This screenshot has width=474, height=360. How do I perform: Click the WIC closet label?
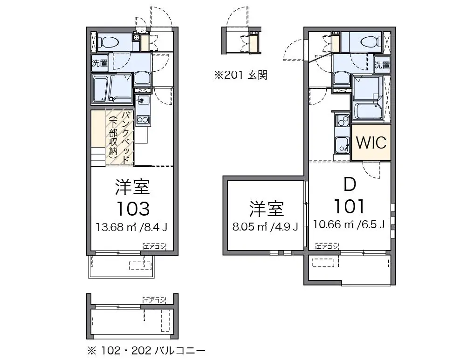point(371,142)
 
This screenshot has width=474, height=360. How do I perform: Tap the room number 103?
point(133,209)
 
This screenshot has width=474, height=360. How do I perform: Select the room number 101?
point(350,206)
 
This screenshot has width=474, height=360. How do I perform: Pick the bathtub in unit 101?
point(368,111)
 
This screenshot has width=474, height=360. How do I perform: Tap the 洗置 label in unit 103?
point(99,63)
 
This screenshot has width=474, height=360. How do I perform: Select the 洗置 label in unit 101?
point(382,65)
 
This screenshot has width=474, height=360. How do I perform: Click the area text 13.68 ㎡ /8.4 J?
point(132,227)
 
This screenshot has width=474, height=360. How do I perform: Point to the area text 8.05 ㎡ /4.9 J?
point(265,226)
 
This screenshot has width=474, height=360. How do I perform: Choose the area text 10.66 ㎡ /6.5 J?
point(349,224)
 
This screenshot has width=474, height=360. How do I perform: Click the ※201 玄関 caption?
point(241,75)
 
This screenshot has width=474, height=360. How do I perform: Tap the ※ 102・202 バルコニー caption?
point(146,351)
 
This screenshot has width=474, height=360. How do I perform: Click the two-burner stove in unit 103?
point(143,120)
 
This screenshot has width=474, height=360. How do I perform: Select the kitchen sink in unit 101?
point(342,145)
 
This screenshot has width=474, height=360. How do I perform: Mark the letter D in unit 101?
point(350,184)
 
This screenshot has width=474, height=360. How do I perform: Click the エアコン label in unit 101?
point(327,247)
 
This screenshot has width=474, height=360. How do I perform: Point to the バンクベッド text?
point(125,138)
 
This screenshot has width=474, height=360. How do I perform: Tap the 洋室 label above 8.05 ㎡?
point(267,209)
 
